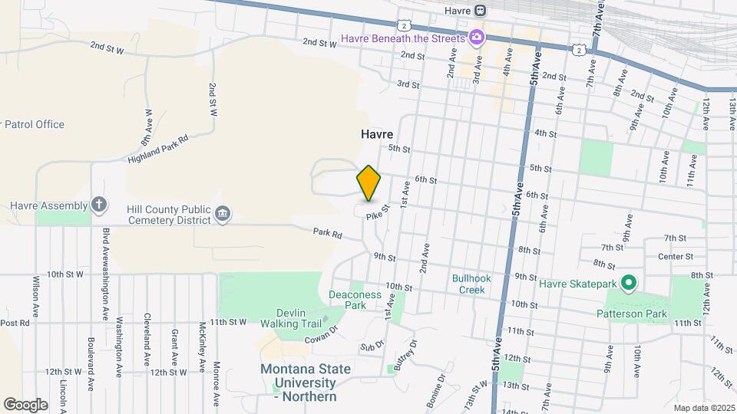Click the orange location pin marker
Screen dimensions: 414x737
click(x=368, y=183)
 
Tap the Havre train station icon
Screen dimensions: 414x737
click(x=481, y=11)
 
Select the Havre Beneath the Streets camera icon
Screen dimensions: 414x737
click(x=477, y=38)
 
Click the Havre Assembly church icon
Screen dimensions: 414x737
click(x=98, y=205)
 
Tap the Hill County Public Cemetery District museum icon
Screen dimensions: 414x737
click(x=222, y=213)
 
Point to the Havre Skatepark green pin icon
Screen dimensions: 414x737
click(x=628, y=284)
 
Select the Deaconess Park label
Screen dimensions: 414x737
click(x=347, y=299)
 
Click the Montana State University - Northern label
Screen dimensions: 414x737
click(x=306, y=382)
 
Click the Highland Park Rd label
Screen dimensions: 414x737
click(x=158, y=147)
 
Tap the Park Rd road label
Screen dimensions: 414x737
click(x=326, y=232)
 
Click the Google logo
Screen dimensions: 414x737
click(x=25, y=404)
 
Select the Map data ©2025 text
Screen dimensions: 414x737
click(x=702, y=407)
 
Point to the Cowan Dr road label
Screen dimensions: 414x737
click(x=322, y=333)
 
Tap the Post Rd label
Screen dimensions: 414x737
click(x=14, y=323)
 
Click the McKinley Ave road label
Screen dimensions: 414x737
click(x=203, y=345)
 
